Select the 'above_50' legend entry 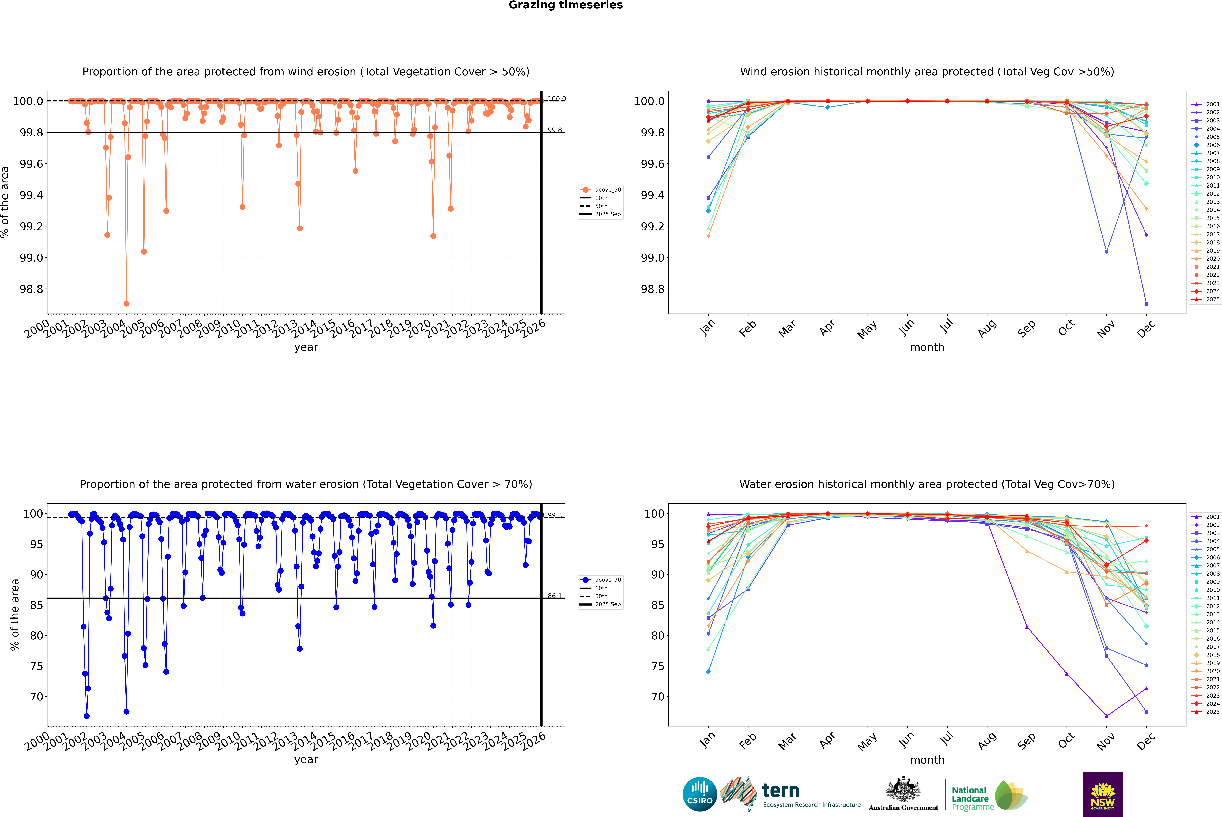(x=607, y=190)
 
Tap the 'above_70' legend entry (x=607, y=580)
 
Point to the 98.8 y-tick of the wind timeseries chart (x=31, y=289)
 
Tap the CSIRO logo (x=700, y=794)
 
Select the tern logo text (x=780, y=791)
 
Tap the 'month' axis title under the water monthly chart (x=927, y=760)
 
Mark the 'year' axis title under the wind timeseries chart (x=306, y=347)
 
